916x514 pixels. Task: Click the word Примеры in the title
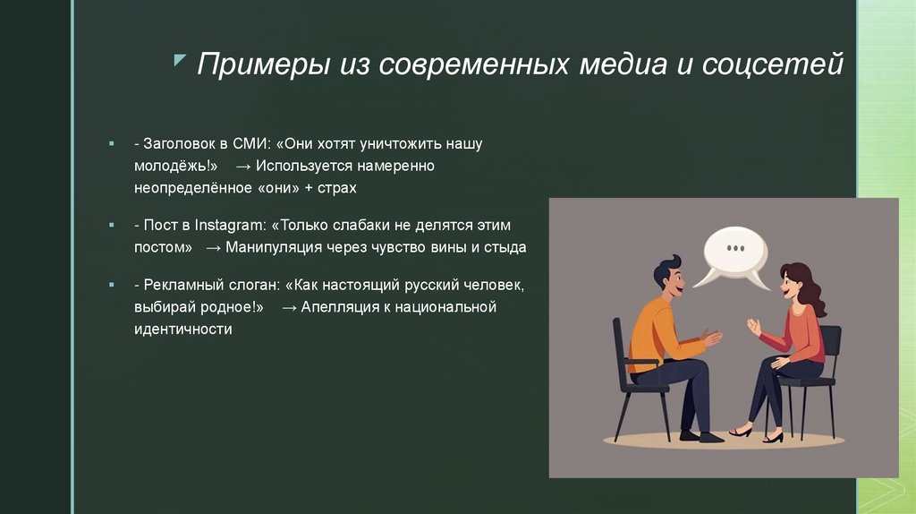tap(262, 65)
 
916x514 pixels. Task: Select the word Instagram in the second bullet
tap(222, 225)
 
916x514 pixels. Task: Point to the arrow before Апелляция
tap(288, 307)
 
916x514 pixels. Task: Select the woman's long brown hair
tap(807, 287)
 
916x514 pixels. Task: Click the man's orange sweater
tap(656, 330)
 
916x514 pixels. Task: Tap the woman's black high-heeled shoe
tap(741, 432)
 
